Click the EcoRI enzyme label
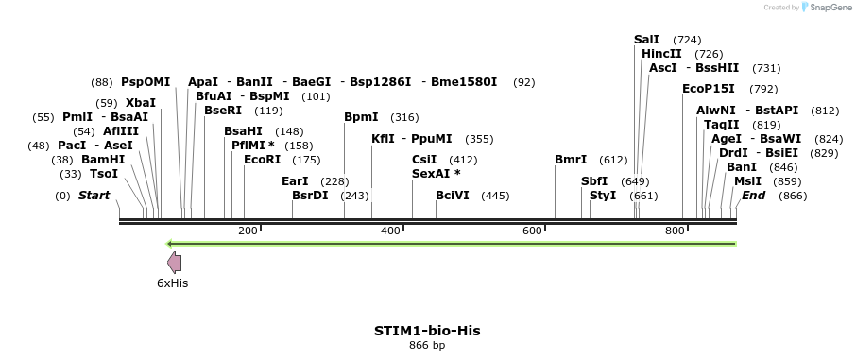[263, 160]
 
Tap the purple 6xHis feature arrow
[174, 263]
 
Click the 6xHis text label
[173, 283]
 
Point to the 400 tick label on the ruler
[390, 231]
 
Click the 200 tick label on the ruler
[248, 231]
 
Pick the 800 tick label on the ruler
[675, 231]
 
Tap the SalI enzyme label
[646, 40]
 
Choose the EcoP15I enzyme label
[708, 89]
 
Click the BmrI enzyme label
[571, 160]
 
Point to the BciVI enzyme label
[452, 196]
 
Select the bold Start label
[94, 196]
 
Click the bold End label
[754, 196]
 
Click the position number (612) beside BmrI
[613, 160]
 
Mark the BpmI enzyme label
[361, 117]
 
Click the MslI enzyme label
[747, 180]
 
